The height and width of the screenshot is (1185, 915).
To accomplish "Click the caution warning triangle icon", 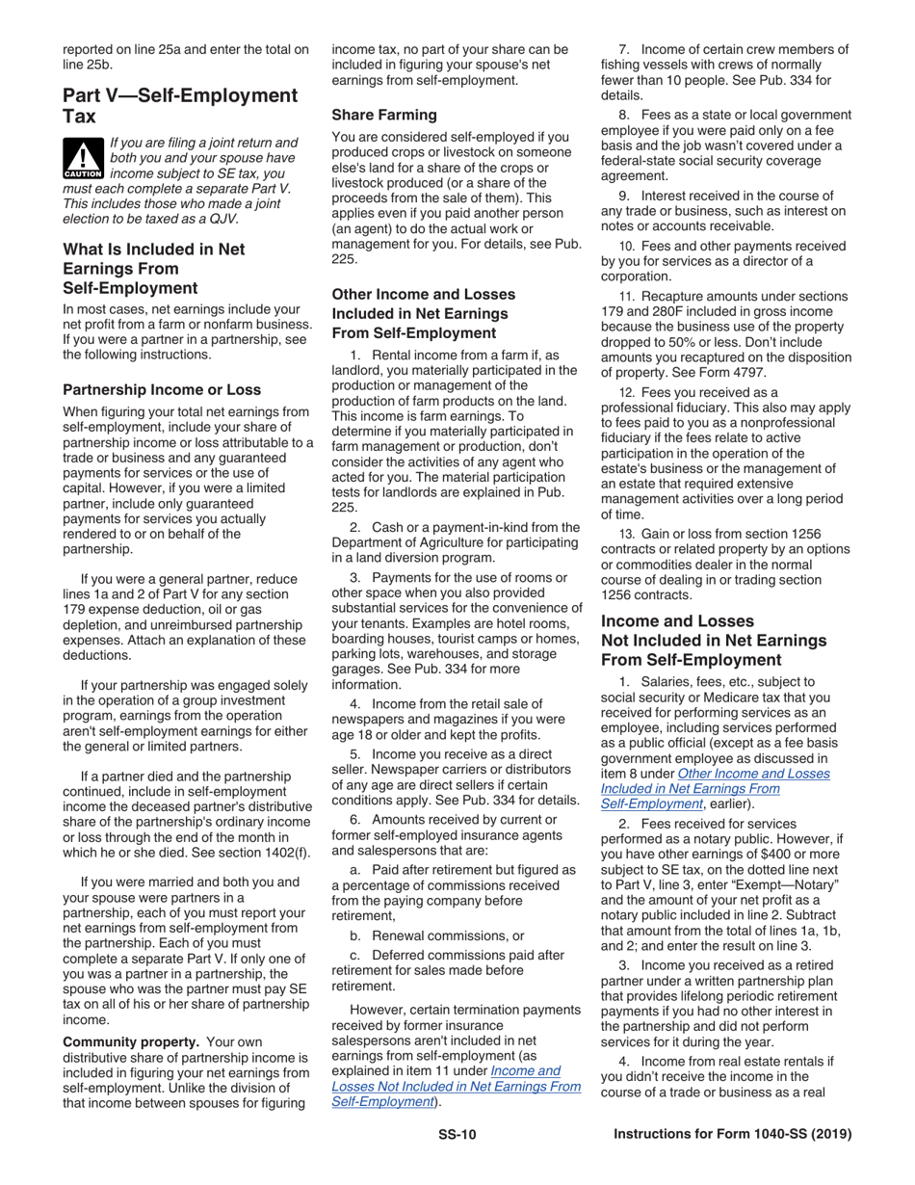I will coord(83,158).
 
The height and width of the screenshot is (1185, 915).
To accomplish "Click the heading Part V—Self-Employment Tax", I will coord(180,105).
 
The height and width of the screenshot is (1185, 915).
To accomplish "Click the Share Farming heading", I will coord(383,114).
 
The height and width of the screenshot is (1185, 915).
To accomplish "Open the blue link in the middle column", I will coord(456,1086).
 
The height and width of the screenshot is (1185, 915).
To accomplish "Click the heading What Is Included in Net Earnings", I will coord(154,268).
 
